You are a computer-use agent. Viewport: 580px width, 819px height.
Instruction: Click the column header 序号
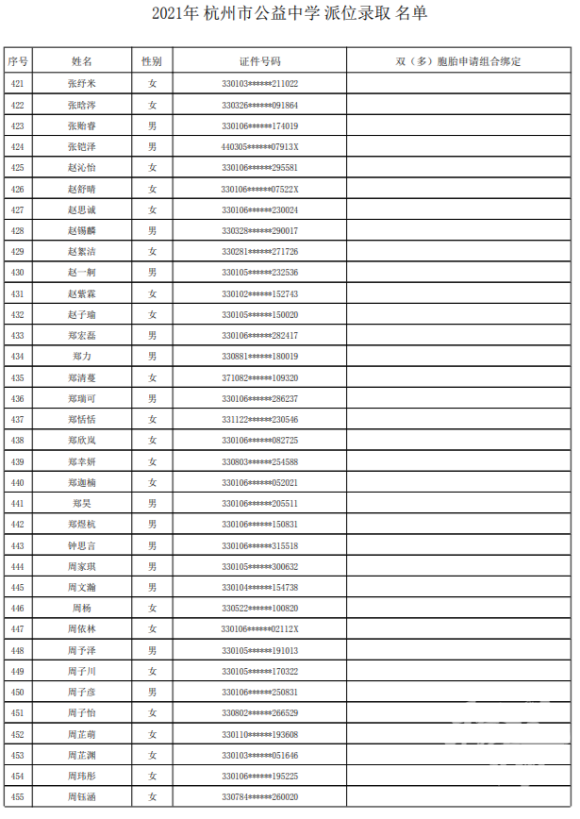(x=17, y=61)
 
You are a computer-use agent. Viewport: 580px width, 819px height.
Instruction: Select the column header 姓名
(x=82, y=61)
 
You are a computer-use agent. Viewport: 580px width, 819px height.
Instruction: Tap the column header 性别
(x=152, y=61)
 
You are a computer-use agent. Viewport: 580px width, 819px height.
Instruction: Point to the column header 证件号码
(x=259, y=61)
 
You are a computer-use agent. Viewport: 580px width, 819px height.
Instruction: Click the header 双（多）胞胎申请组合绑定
(x=458, y=61)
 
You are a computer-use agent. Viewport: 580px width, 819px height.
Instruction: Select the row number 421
(x=17, y=84)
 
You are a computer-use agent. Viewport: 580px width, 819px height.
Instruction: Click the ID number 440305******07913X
(x=259, y=147)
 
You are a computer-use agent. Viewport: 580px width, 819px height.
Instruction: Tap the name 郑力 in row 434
(x=82, y=357)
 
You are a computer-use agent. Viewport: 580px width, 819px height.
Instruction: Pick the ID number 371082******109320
(x=259, y=377)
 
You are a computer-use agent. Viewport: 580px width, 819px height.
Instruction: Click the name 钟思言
(x=82, y=545)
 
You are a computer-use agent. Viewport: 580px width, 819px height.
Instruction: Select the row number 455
(x=17, y=797)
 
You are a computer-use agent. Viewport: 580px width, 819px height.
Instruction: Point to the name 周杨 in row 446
(x=82, y=609)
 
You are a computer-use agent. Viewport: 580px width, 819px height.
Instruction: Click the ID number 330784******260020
(x=259, y=797)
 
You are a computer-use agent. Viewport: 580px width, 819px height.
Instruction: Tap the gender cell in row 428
(x=152, y=230)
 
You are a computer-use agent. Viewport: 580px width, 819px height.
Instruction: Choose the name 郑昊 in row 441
(x=82, y=504)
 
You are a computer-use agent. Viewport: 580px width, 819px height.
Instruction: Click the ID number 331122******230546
(x=259, y=420)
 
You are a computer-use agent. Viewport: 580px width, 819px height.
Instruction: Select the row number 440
(x=17, y=482)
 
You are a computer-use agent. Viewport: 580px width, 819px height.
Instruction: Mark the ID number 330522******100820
(x=259, y=609)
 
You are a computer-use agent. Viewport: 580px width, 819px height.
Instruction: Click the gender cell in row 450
(x=152, y=693)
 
